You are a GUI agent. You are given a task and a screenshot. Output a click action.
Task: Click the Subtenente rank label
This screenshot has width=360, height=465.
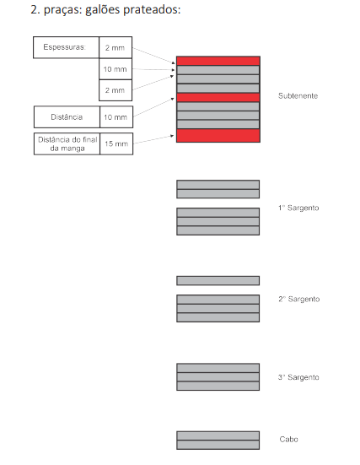click(298, 96)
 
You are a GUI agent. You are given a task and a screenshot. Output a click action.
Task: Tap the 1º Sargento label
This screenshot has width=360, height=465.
click(298, 208)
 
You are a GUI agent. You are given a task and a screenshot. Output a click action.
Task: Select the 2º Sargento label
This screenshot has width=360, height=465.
click(298, 299)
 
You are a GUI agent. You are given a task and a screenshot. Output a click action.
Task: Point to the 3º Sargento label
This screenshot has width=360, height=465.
click(298, 377)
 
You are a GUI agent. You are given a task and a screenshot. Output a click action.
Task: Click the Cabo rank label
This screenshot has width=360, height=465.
click(288, 439)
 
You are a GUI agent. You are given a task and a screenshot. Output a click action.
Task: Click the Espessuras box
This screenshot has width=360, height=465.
click(66, 47)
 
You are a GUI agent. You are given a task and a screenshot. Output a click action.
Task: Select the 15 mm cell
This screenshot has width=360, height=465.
click(116, 143)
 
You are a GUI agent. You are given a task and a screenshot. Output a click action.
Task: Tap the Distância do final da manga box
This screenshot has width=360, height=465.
click(67, 143)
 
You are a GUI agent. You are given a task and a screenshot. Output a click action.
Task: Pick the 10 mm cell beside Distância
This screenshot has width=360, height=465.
click(116, 116)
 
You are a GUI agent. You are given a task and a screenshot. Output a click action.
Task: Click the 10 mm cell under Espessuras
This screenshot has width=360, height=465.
click(116, 69)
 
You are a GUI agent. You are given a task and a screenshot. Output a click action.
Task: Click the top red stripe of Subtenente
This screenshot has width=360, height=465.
click(218, 61)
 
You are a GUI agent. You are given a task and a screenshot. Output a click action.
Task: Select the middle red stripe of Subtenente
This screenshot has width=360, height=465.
click(218, 98)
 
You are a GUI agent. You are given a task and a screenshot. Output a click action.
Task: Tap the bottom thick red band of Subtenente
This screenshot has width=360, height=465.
click(218, 136)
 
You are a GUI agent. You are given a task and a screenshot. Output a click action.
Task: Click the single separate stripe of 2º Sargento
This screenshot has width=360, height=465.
click(218, 280)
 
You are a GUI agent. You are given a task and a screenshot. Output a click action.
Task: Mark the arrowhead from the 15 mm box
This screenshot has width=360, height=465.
click(172, 136)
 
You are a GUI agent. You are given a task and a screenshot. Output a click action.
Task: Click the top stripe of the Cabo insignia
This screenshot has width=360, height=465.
click(218, 435)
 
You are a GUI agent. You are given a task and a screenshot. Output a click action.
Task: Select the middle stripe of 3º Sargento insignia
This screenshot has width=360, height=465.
click(218, 377)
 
